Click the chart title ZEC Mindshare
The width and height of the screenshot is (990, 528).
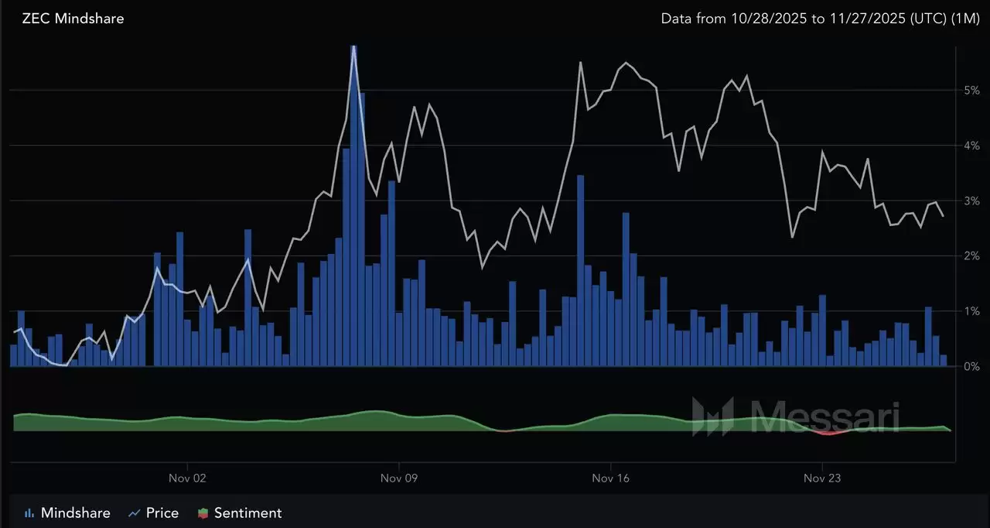(73, 18)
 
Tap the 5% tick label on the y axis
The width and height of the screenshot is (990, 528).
(971, 90)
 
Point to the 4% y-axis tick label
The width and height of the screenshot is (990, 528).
(971, 146)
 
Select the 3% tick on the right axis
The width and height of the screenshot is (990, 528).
(971, 201)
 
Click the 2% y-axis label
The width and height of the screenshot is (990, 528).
(971, 255)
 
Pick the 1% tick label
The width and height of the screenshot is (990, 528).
(971, 311)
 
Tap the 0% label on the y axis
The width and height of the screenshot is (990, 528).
(971, 366)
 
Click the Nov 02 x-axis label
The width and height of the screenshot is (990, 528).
(187, 478)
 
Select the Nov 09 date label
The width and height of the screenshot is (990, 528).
(399, 478)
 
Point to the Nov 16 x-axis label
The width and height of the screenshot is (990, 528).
(611, 478)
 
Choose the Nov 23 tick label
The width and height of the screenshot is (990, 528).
(823, 478)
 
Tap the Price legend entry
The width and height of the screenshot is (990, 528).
(154, 513)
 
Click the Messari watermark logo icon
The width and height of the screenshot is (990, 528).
(712, 417)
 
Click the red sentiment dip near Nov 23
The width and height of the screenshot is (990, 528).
(828, 433)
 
